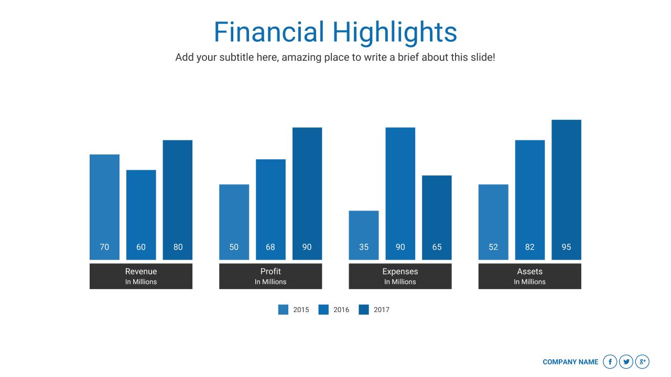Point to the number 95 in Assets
pyautogui.click(x=566, y=247)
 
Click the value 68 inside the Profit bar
pyautogui.click(x=270, y=247)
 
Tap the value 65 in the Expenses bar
pyautogui.click(x=437, y=247)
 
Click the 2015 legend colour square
pyautogui.click(x=283, y=309)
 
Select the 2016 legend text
pyautogui.click(x=341, y=310)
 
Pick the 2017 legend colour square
pyautogui.click(x=364, y=309)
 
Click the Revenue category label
pyautogui.click(x=141, y=271)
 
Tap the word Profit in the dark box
pyautogui.click(x=270, y=271)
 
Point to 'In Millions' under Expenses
pyautogui.click(x=400, y=282)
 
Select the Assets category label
pyautogui.click(x=529, y=271)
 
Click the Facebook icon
pyautogui.click(x=610, y=362)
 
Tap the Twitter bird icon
pyautogui.click(x=626, y=362)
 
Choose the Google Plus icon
pyautogui.click(x=642, y=362)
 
